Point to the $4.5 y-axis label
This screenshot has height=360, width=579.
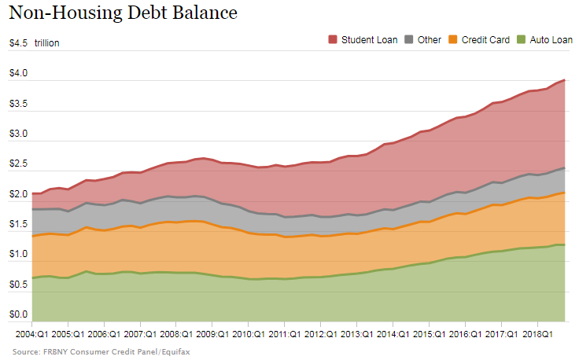tap(19, 43)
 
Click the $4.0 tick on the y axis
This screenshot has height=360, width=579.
tap(19, 74)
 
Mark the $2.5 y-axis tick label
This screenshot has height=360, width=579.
tap(19, 164)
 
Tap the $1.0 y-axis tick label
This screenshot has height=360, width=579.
tap(19, 255)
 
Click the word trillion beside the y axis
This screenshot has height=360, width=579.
tap(46, 43)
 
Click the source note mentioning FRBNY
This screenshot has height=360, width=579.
tap(101, 351)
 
